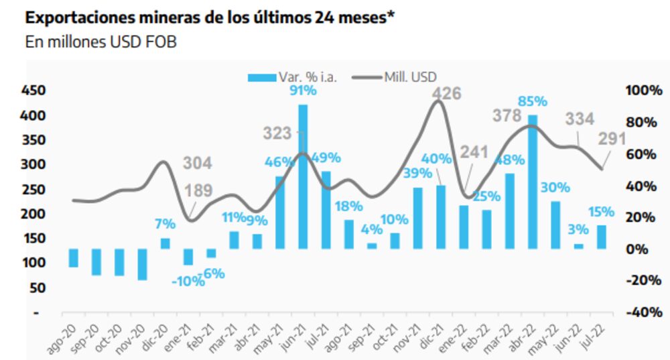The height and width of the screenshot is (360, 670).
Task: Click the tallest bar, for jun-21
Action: click(303, 177)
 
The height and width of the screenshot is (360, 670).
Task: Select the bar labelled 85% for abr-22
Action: click(533, 182)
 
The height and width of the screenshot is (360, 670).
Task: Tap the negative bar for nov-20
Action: click(142, 264)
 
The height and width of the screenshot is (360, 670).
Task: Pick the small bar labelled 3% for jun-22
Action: click(578, 246)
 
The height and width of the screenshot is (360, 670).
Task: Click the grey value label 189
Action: click(199, 190)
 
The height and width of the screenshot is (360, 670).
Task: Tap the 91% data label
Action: click(303, 91)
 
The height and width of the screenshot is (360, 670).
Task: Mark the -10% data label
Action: click(188, 282)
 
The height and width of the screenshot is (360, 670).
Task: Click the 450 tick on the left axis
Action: click(31, 91)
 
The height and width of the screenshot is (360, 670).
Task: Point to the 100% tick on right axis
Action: click(643, 91)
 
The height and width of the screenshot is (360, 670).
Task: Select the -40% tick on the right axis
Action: click(643, 312)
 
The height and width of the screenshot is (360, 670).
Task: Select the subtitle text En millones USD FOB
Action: click(100, 42)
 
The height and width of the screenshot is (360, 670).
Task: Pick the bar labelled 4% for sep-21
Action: click(372, 245)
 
